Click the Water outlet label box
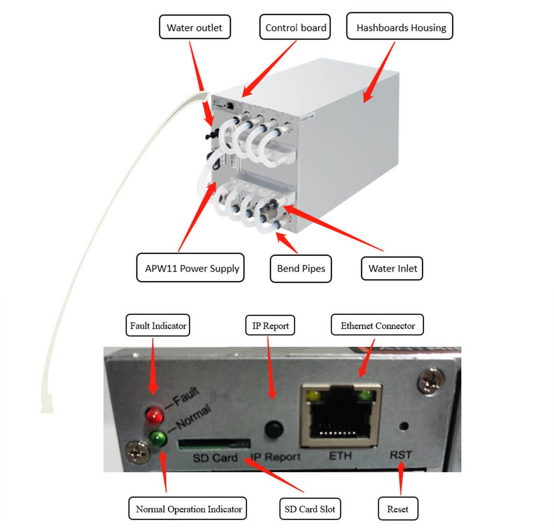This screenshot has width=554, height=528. (x=195, y=27)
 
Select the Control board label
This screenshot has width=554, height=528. (x=295, y=27)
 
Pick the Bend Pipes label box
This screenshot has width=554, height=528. (x=301, y=269)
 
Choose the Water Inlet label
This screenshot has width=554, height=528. (x=392, y=269)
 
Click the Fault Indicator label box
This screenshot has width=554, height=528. (x=158, y=326)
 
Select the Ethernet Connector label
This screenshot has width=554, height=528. (x=377, y=325)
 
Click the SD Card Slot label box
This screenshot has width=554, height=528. (x=309, y=509)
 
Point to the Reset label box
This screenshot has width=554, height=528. (x=398, y=509)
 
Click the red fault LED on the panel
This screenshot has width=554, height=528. (x=154, y=415)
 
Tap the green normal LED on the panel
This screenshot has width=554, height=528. (x=157, y=438)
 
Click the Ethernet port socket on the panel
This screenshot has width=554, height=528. (x=341, y=416)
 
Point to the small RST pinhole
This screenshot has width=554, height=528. (x=404, y=426)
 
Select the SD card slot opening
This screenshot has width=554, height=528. (x=214, y=444)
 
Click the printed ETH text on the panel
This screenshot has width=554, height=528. (x=340, y=456)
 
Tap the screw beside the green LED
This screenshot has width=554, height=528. (x=137, y=452)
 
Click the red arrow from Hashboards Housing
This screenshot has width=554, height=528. (x=379, y=72)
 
